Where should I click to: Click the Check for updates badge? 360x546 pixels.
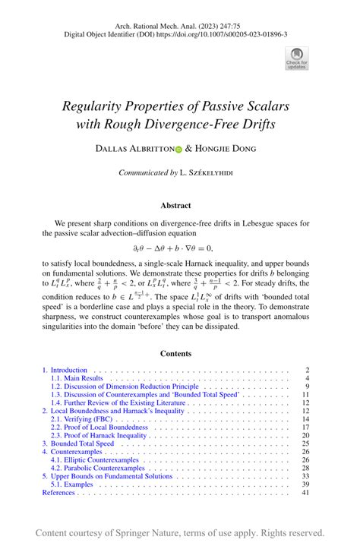tap(297, 58)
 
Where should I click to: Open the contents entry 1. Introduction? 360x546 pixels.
tap(65, 370)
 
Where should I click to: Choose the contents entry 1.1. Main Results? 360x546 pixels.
tap(77, 378)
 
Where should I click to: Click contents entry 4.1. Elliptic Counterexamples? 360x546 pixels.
tap(97, 460)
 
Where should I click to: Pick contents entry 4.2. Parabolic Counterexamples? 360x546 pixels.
tap(98, 469)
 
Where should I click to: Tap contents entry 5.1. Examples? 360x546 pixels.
tap(71, 484)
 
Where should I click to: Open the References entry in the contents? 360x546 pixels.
tap(58, 493)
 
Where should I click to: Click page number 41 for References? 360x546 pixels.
tap(305, 493)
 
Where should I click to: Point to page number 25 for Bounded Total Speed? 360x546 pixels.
tap(305, 443)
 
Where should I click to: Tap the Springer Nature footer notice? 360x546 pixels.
tap(180, 532)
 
